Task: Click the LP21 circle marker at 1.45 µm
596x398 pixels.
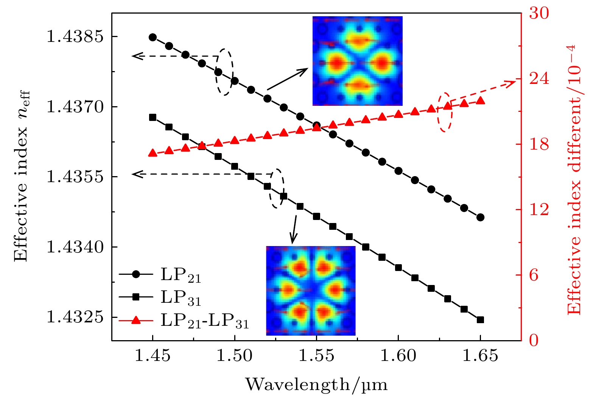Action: coord(153,37)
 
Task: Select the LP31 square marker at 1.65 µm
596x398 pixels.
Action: coord(480,320)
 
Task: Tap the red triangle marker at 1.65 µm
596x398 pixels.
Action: coord(480,101)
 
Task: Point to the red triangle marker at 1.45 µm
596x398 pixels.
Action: coord(153,153)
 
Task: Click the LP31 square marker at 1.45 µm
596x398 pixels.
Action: coord(153,117)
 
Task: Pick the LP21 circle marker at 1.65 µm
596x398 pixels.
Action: coord(480,217)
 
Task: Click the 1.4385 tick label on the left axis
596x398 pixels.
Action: coord(75,37)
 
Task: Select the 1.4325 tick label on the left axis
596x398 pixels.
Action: coord(75,317)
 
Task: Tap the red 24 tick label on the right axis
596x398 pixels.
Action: coord(539,79)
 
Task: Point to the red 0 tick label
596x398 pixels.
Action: coord(534,341)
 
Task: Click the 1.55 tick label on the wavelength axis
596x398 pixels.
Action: coord(316,356)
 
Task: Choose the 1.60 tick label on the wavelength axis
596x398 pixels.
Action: coord(398,356)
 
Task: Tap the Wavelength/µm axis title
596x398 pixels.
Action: coord(316,385)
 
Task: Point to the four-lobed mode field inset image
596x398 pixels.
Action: coord(357,61)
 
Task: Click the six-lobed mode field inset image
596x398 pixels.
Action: coord(311,291)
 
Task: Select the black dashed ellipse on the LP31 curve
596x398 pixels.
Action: coord(277,188)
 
